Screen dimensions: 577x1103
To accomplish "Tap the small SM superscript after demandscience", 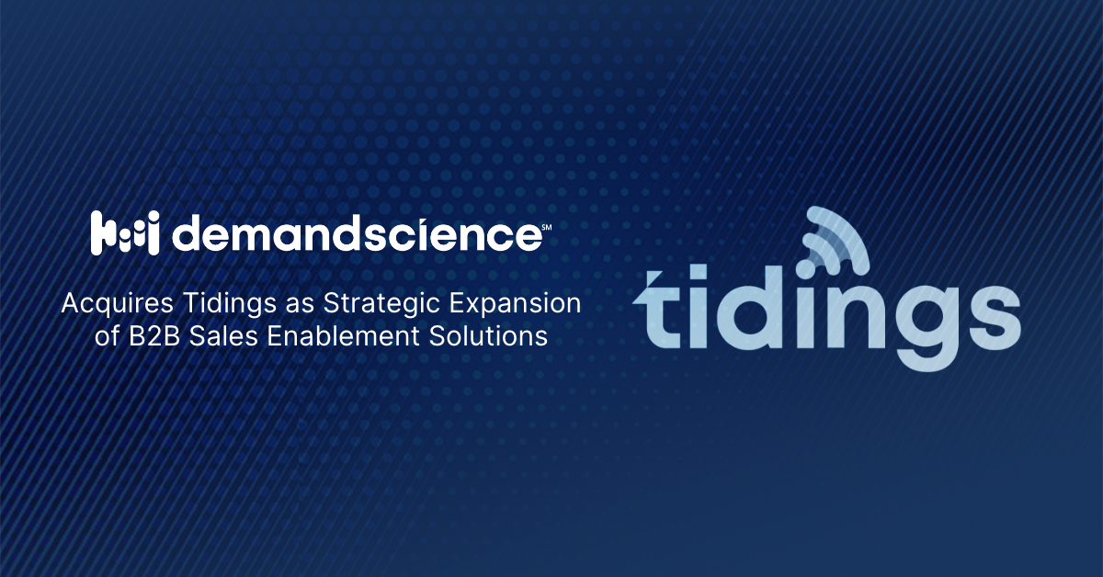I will click(x=545, y=223).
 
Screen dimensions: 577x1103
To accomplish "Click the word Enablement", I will click(x=343, y=337).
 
